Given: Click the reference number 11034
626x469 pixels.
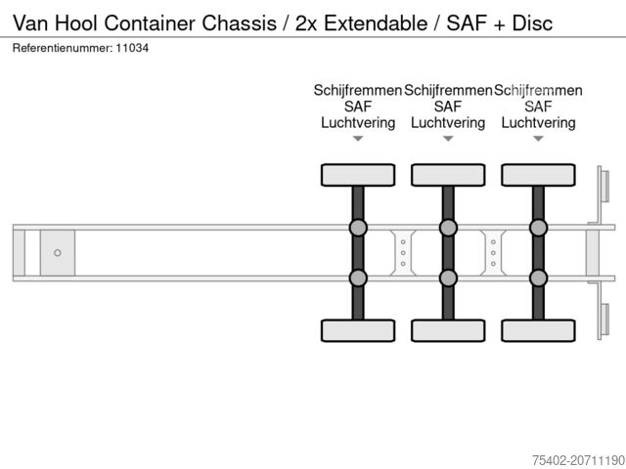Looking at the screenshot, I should [133, 47].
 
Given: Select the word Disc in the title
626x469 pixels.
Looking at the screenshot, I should [532, 21].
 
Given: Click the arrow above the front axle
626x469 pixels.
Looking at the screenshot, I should [358, 139].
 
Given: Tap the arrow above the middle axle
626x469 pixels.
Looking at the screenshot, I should [448, 139].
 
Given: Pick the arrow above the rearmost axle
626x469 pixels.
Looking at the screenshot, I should [538, 139].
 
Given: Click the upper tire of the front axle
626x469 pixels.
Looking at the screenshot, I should [358, 175].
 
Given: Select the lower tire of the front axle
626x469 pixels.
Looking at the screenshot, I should [358, 331].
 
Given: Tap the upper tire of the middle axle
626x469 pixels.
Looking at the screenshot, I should [448, 175].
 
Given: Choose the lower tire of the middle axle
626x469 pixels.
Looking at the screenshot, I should [448, 331].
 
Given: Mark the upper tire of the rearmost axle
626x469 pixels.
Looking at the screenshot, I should [538, 175].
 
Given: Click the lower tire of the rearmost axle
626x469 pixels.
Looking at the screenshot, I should [538, 331].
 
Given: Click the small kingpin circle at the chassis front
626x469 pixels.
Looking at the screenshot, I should [58, 253].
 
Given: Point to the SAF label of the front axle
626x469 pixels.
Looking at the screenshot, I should [358, 107].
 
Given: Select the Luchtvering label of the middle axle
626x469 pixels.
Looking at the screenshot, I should [448, 123].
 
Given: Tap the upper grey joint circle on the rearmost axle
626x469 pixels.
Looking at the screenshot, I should [538, 229].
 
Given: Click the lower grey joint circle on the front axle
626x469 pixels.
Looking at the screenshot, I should [358, 277].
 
